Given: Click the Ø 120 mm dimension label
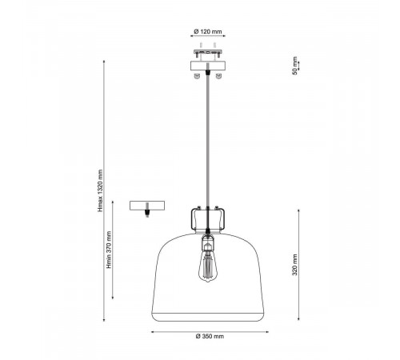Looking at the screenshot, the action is (x=208, y=31).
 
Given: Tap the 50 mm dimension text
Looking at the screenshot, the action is (x=294, y=66).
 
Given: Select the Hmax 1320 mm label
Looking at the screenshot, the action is (x=100, y=190).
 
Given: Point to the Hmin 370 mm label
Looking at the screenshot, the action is (x=109, y=250).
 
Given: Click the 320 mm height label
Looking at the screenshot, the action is (x=294, y=265).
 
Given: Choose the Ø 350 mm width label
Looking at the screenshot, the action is (x=210, y=336).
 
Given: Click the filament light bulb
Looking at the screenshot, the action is (x=208, y=266).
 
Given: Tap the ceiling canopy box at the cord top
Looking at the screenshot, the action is (x=208, y=66).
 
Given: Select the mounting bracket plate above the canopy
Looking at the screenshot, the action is (x=208, y=51).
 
